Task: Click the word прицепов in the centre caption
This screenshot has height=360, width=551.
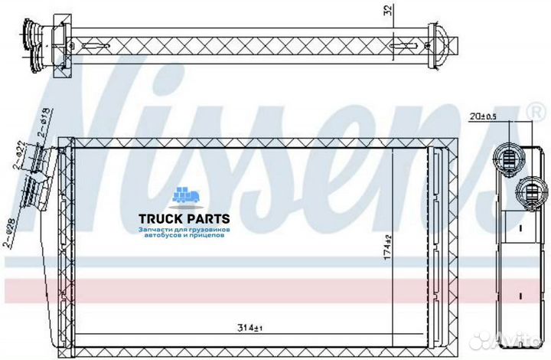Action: pyautogui.click(x=206, y=236)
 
